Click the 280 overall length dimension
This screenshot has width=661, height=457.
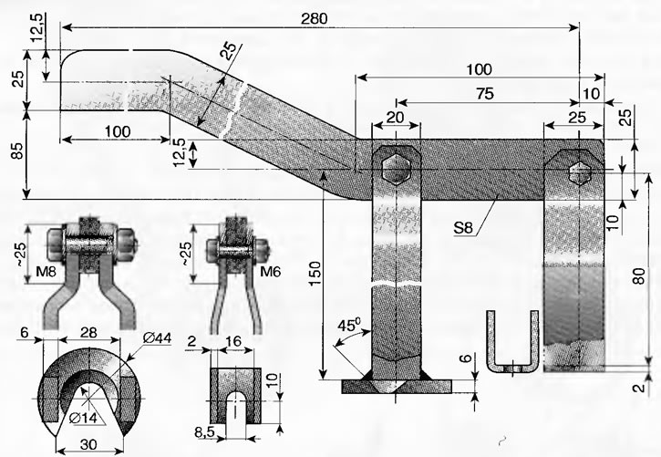[314, 18]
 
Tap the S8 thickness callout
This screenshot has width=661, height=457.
[463, 228]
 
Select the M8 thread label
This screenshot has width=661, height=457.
[46, 272]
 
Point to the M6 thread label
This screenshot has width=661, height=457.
[270, 272]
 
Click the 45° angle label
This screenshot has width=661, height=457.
[349, 325]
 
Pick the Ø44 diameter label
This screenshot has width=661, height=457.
[157, 338]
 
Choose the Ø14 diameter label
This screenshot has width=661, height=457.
[83, 418]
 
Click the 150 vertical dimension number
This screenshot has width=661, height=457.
[315, 274]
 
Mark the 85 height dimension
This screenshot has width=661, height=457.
[16, 150]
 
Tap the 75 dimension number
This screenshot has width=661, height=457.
[485, 94]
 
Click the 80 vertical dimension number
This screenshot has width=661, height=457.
[639, 276]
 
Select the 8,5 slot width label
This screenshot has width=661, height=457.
[205, 432]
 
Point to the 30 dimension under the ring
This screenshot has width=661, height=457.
[88, 444]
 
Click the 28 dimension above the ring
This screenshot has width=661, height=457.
[88, 333]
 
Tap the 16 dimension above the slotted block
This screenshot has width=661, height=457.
[233, 340]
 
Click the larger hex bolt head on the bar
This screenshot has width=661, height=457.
[396, 169]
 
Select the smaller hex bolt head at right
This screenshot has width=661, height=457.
[580, 173]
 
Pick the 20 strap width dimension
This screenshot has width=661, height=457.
[395, 117]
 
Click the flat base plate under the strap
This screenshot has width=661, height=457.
[397, 386]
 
